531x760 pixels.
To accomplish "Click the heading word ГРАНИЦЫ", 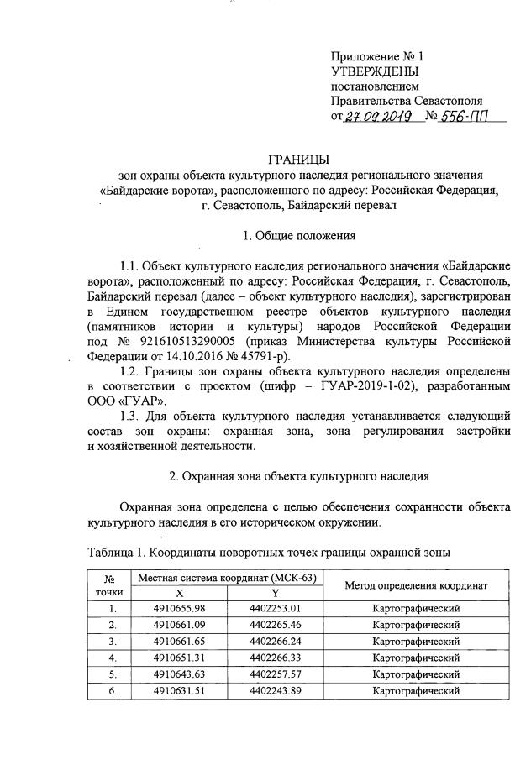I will click(x=298, y=159).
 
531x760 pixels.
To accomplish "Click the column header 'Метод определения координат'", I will click(x=418, y=584).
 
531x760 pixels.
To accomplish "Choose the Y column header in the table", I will click(x=275, y=592).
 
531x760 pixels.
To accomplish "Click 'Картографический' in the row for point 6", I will click(x=418, y=690).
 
